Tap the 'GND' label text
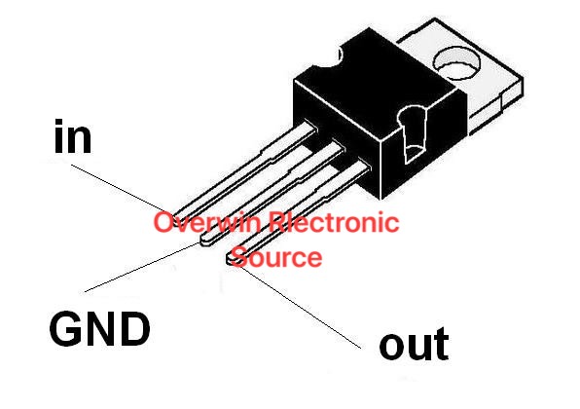coord(99,330)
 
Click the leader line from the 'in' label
coord(122,185)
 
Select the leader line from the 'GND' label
coord(136,268)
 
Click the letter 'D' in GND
coord(132,330)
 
